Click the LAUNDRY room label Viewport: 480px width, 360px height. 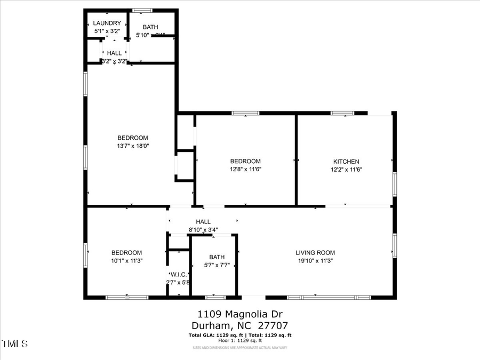[x=107, y=23]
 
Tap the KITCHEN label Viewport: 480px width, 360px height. [x=346, y=162]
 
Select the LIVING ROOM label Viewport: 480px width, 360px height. [x=315, y=253]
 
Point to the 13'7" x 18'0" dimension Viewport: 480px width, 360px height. [x=133, y=146]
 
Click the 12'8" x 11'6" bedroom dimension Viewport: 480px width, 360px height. [x=245, y=169]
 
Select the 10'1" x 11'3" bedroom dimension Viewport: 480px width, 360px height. [x=126, y=261]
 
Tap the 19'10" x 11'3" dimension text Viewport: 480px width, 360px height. [x=315, y=261]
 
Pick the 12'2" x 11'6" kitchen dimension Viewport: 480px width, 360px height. [x=346, y=169]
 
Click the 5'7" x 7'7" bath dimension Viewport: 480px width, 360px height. [x=217, y=265]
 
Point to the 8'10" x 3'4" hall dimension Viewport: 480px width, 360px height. [x=203, y=230]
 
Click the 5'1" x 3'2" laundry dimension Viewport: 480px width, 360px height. [x=107, y=31]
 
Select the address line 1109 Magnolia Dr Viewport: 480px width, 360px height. [x=240, y=313]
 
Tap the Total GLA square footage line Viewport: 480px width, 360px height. [x=240, y=335]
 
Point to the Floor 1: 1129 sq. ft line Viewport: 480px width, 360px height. [x=240, y=340]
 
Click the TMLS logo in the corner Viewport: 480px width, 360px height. [x=14, y=343]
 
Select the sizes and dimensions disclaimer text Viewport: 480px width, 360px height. [x=240, y=348]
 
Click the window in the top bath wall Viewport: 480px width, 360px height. [x=142, y=10]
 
